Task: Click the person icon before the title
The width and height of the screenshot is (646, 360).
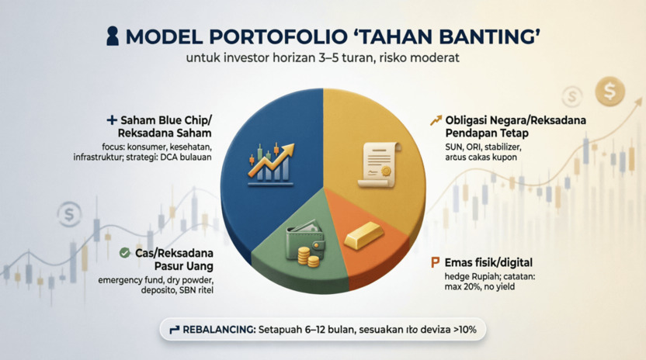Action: (113, 36)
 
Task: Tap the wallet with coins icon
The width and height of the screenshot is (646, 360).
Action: (305, 243)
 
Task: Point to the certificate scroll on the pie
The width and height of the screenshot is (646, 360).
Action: (378, 164)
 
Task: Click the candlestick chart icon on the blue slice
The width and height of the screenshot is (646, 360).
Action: (271, 164)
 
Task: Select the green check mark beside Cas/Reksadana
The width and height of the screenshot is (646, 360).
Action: (124, 253)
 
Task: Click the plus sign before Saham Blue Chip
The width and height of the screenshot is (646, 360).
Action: (112, 120)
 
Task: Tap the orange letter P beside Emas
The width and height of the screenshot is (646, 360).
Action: (435, 262)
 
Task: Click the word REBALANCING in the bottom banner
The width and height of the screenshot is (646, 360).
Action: (219, 330)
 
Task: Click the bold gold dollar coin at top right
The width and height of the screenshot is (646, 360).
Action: (610, 91)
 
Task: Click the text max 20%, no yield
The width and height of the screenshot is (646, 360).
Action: (480, 287)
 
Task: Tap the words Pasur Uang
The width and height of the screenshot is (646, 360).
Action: (184, 266)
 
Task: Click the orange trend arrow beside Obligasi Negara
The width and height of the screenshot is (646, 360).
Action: (436, 120)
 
